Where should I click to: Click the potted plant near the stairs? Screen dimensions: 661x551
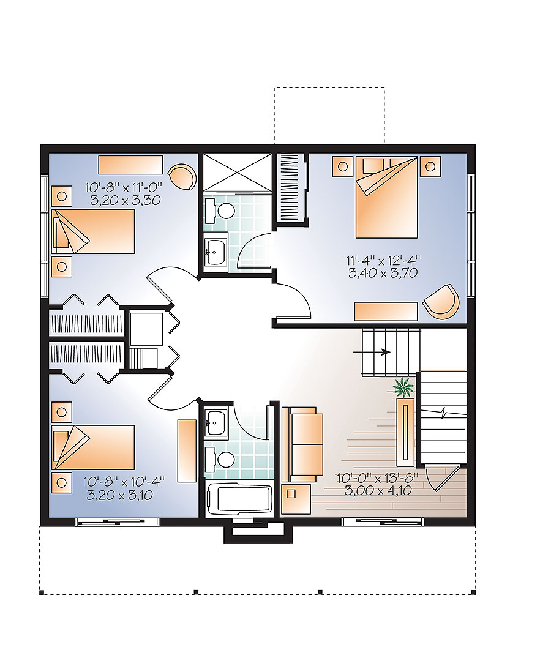pyautogui.click(x=403, y=387)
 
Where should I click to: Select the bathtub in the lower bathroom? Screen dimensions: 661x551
pyautogui.click(x=239, y=499)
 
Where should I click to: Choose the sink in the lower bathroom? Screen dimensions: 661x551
pyautogui.click(x=216, y=420)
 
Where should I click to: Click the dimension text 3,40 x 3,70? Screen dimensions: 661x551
pyautogui.click(x=383, y=274)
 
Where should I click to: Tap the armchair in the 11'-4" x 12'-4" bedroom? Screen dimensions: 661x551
pyautogui.click(x=441, y=301)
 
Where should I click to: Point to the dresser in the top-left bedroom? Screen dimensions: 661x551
pyautogui.click(x=130, y=165)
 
